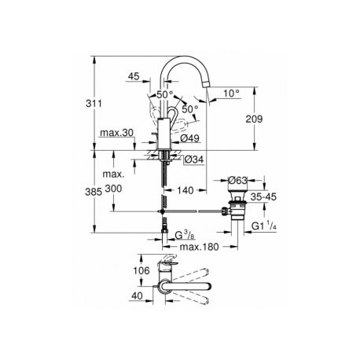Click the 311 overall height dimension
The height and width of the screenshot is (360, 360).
pos(94,104)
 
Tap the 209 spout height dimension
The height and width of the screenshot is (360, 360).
pos(254,119)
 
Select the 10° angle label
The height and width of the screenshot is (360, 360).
pos(232,94)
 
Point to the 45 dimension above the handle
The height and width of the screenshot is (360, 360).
pos(134,76)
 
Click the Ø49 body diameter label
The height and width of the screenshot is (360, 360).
pos(189,138)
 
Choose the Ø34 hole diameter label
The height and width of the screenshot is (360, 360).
pos(193,160)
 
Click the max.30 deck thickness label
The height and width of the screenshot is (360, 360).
pos(117,133)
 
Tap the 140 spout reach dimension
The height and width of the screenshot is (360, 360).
pos(185,190)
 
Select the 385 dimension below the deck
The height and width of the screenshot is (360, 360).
pos(94,192)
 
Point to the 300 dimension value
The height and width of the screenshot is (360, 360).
pos(113,189)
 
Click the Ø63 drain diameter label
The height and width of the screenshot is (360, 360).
pos(237,180)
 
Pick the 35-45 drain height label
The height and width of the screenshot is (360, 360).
pos(263,197)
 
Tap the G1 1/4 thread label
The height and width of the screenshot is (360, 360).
pos(264,226)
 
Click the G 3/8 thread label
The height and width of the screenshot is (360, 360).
pos(185,235)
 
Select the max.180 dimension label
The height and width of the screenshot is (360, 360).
pos(199,247)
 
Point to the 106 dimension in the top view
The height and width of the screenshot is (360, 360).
pos(141,270)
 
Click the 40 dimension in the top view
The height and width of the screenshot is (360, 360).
pos(138,296)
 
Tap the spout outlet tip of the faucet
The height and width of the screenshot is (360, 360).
pos(207,84)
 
